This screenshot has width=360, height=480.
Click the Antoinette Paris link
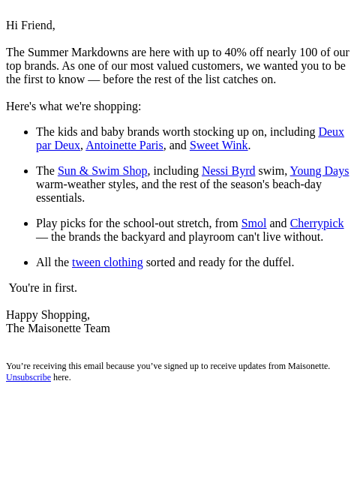point(124,145)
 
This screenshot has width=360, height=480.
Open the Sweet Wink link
point(218,145)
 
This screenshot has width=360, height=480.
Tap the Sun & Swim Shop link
point(102,171)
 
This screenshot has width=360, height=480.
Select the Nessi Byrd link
point(228,171)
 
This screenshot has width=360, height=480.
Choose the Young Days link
point(319,171)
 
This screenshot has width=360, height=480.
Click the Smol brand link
point(253,223)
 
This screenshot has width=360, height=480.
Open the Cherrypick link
point(316,223)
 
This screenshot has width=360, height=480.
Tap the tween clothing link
point(107,262)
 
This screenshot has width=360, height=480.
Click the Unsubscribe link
point(28,377)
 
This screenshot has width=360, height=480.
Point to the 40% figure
point(235,52)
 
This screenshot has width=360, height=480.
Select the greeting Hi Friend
point(31,25)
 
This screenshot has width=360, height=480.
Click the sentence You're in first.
point(43,288)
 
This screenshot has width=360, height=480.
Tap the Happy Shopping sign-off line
point(48,315)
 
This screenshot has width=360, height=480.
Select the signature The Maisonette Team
point(58,328)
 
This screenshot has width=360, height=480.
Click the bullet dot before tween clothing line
point(26,263)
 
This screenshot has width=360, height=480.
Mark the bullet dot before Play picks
point(26,224)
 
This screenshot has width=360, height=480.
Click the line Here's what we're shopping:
point(73,106)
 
